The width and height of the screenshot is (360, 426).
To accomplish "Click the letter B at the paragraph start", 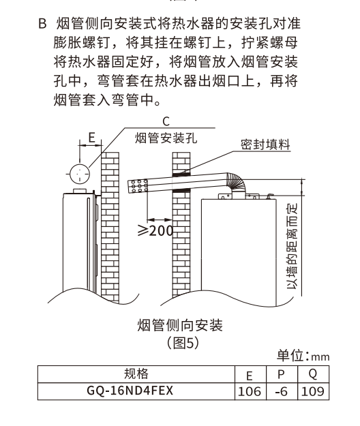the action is click(x=42, y=24).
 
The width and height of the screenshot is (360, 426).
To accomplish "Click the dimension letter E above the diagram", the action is click(x=92, y=138).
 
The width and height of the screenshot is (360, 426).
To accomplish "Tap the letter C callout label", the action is click(x=166, y=121).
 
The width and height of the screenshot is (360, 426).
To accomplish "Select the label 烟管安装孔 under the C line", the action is click(x=166, y=138).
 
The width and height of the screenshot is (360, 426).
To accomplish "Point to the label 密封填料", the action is click(x=265, y=144).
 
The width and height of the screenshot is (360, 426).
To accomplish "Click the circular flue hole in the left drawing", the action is click(x=80, y=173).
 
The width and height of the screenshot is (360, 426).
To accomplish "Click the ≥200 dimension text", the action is click(x=155, y=230).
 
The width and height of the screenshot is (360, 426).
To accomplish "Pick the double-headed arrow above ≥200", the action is click(x=160, y=219).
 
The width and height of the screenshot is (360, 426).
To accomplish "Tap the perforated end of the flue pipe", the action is click(x=138, y=186).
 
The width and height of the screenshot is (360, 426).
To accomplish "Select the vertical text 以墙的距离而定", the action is click(x=292, y=246).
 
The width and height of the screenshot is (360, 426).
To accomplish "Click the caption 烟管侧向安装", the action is click(x=180, y=325).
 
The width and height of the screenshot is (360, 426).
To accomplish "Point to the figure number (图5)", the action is click(x=183, y=343).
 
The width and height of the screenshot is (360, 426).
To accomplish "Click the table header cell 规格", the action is click(x=136, y=374).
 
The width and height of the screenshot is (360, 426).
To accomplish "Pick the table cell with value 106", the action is click(x=250, y=391).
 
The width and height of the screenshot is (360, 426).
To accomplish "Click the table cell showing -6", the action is click(x=282, y=391).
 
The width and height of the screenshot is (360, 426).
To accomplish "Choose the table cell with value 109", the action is click(x=313, y=391).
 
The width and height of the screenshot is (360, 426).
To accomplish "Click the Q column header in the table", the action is click(x=313, y=374).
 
